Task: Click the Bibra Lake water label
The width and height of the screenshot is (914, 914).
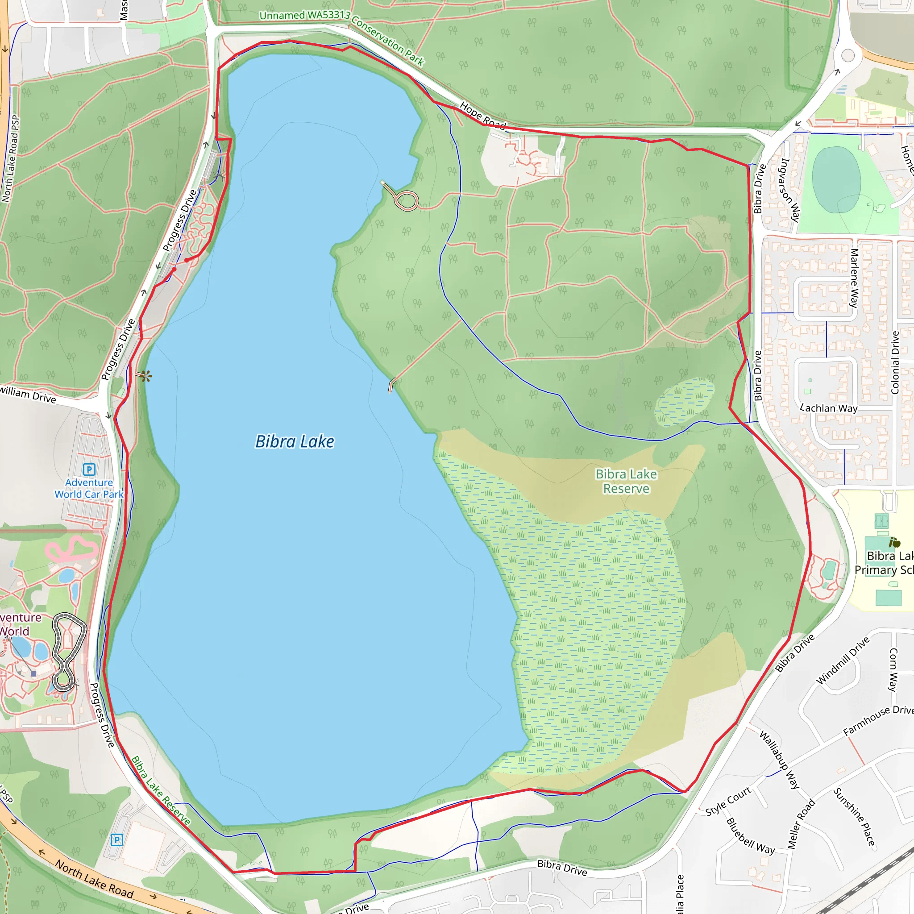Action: point(294,441)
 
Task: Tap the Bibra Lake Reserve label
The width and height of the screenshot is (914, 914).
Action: point(626,481)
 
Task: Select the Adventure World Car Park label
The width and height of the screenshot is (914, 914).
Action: point(89,488)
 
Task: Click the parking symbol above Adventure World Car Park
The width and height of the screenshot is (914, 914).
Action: point(89,469)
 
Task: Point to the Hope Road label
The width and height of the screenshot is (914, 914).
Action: point(482,116)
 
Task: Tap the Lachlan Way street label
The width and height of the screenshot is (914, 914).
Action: point(829,408)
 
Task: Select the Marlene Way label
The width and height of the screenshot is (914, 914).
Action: point(854,278)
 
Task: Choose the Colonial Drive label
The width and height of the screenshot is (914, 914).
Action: point(895,362)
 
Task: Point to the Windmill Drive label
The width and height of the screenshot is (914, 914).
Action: point(843,660)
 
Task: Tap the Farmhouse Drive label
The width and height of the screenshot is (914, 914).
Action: point(878,720)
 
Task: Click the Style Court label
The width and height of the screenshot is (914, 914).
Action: point(728,801)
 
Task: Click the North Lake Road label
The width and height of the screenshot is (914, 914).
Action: point(94,878)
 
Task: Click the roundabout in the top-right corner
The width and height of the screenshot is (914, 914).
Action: point(848,55)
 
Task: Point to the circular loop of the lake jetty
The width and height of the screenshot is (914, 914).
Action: point(407,200)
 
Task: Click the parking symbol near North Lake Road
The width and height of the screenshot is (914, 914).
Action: point(116,840)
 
